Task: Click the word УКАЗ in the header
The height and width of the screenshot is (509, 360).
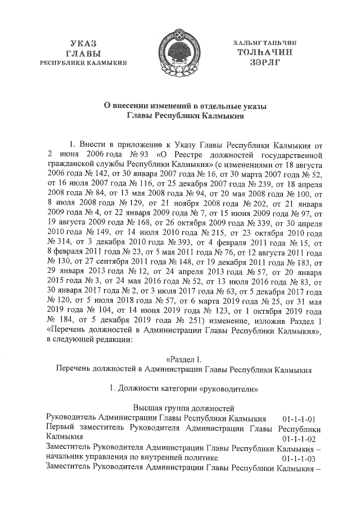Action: point(84,43)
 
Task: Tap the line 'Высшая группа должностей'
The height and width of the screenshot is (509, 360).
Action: point(179,409)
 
